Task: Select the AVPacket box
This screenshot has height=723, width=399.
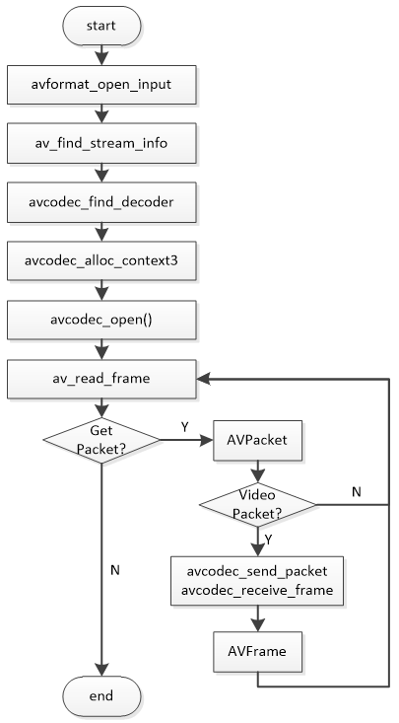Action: coord(257,440)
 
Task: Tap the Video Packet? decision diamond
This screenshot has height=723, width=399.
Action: coord(257,504)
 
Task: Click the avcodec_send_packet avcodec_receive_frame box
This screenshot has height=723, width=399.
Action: coord(257,580)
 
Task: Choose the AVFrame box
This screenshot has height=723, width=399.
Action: coord(257,651)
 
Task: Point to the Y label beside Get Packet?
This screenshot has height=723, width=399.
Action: coord(186,427)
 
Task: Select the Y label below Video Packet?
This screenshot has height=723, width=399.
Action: coord(270,540)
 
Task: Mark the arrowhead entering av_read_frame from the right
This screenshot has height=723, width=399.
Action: coord(204,378)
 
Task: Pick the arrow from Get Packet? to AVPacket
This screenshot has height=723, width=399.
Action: coord(182,440)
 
